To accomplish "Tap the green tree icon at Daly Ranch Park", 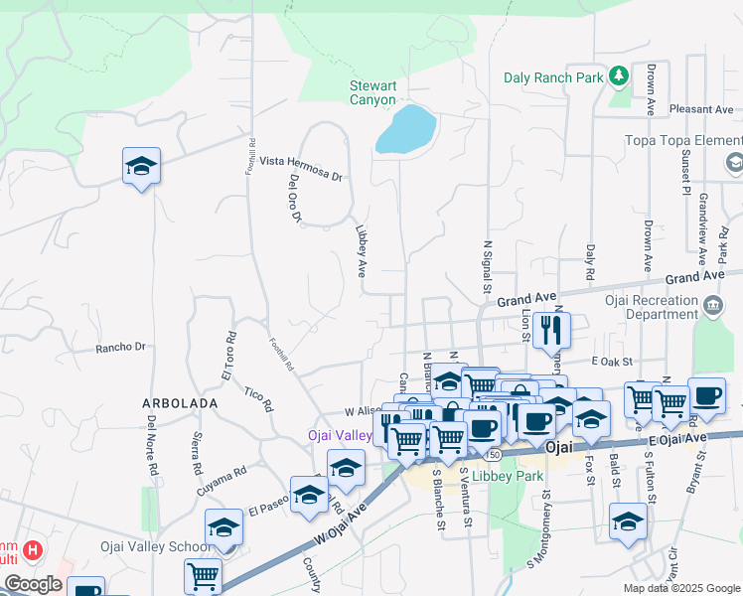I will tap(619, 75).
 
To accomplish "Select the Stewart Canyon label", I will tap(372, 93).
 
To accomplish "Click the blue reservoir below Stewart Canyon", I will tap(406, 130).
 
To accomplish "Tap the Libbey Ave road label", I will tap(364, 249).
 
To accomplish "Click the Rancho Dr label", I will tap(120, 348).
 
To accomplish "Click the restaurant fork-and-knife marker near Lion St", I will tap(550, 329).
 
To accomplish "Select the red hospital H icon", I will tap(33, 549).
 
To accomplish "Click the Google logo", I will tap(33, 584).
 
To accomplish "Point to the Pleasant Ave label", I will tap(700, 109).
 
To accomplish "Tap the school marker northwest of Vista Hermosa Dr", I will tap(141, 167).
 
